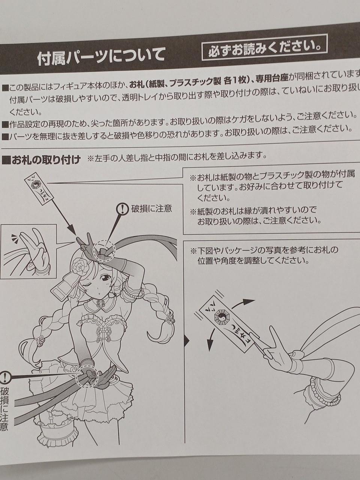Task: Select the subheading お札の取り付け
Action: click(x=41, y=160)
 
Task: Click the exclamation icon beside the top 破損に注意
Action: click(x=122, y=209)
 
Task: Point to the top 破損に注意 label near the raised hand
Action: click(x=151, y=209)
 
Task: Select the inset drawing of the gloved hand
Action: click(x=28, y=251)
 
